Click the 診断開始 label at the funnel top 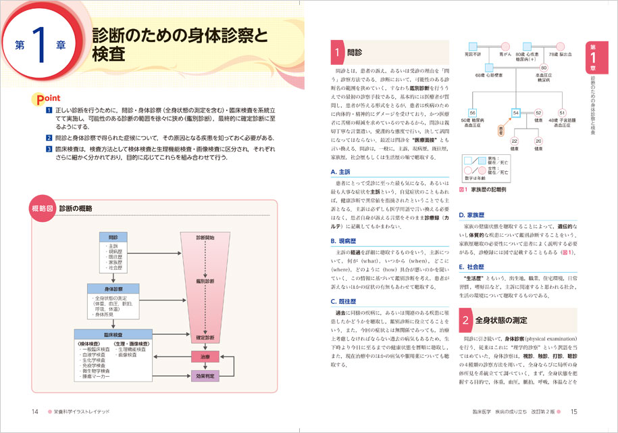(x=205, y=237)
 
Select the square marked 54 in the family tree (x=516, y=112)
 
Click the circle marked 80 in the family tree (x=543, y=68)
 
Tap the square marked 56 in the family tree (x=473, y=112)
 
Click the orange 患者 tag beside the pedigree (x=501, y=129)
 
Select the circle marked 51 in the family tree (x=561, y=112)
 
